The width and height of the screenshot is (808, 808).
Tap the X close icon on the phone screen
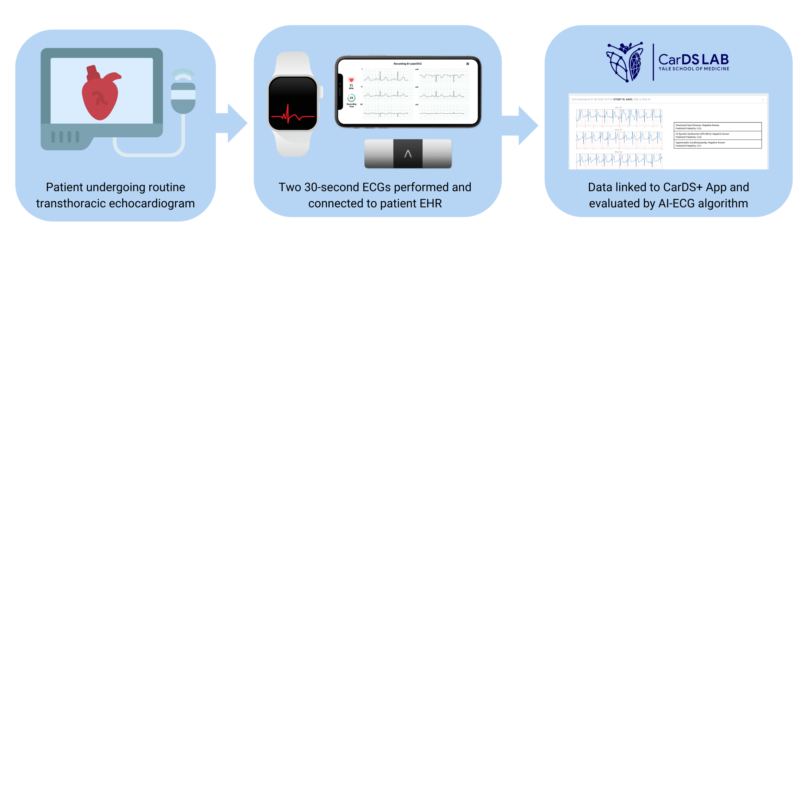pos(468,64)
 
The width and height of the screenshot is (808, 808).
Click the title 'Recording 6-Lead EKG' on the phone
pos(407,64)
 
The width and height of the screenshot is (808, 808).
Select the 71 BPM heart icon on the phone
pos(351,80)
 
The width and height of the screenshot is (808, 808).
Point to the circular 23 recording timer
pos(351,98)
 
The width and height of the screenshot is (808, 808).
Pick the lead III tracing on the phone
pos(388,113)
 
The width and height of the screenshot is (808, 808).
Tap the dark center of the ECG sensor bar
pos(408,154)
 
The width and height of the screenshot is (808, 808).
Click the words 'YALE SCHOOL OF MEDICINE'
pos(694,69)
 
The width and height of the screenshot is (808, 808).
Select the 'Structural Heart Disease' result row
pos(718,127)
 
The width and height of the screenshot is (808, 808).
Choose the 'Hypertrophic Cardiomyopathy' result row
pos(718,144)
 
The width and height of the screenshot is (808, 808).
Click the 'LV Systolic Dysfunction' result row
pos(718,136)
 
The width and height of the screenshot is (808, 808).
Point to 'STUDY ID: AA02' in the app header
pos(623,100)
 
